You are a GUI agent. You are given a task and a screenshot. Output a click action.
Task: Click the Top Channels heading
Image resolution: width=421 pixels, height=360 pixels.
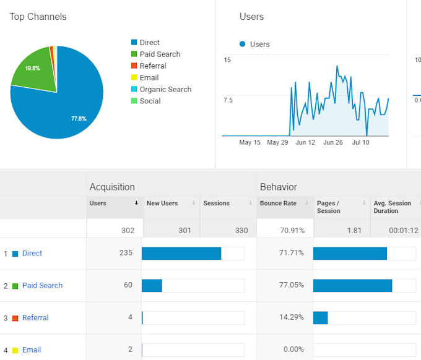coord(38,17)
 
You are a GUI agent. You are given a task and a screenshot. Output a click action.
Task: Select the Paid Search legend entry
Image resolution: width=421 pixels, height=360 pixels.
coord(160,54)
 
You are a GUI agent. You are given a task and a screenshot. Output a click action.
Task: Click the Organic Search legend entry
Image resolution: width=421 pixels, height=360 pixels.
coord(165,90)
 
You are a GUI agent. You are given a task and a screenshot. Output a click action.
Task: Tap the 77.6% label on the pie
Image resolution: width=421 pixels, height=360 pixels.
coord(79,118)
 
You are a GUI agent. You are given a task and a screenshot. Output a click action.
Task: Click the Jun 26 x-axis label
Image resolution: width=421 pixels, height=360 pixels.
coord(332,143)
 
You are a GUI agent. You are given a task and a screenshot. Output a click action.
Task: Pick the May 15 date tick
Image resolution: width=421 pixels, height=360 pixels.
coord(250,143)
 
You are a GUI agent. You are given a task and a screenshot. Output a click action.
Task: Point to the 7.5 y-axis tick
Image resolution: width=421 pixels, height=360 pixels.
coord(228,100)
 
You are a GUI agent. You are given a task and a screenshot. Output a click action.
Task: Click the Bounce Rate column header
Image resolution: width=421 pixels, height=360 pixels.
coord(278,204)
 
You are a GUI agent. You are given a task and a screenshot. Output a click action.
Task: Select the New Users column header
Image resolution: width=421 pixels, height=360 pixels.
coord(162,204)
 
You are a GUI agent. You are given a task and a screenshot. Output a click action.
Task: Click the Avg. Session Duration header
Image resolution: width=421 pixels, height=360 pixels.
coord(392,207)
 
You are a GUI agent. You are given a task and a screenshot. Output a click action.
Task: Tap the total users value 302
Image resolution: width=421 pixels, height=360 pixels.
coord(128,231)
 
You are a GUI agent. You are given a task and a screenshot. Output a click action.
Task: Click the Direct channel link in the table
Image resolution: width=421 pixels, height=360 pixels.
coord(32,254)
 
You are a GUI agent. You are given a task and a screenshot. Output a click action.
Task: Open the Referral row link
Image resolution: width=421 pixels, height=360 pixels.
coord(35,318)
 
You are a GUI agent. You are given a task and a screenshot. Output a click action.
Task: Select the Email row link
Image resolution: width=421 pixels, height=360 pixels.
coord(32,350)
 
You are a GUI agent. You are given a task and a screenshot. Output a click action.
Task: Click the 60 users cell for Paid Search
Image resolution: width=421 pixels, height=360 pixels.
coord(129,286)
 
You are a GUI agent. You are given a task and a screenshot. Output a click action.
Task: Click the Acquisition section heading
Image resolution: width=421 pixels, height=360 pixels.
coord(112,187)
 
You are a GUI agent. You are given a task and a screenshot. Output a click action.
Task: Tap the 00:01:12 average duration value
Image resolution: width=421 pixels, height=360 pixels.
coord(402,231)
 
